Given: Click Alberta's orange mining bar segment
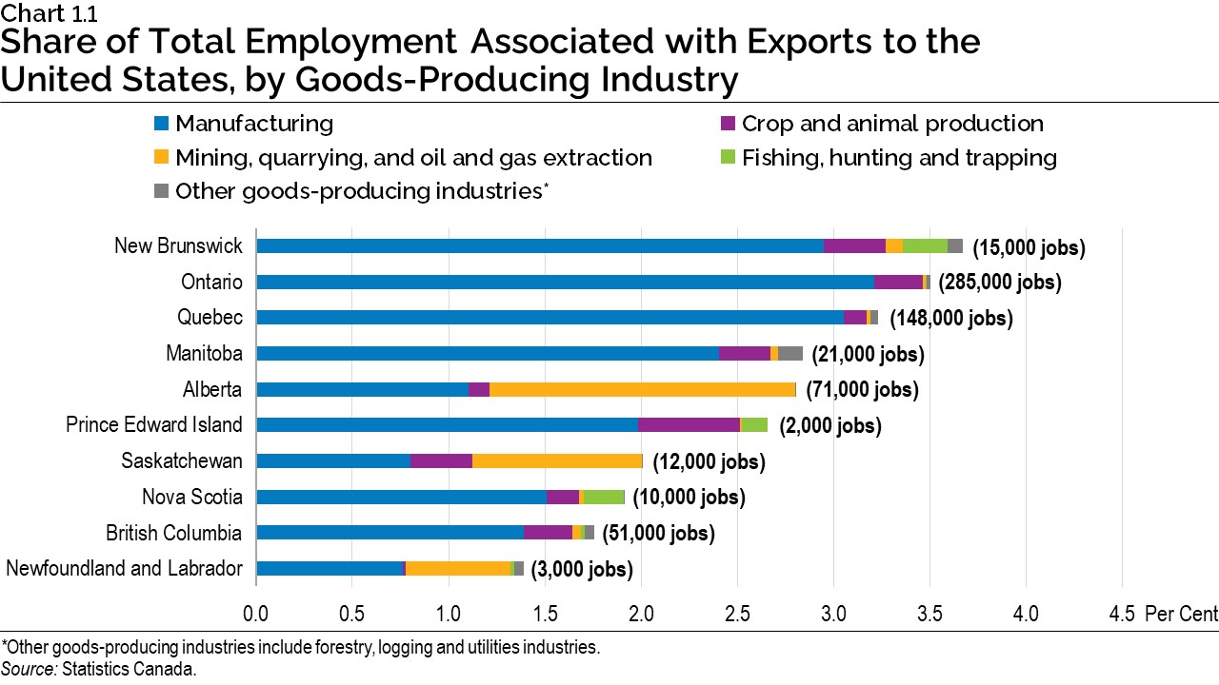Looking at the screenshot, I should [x=642, y=389].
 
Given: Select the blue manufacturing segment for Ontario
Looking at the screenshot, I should [x=565, y=282].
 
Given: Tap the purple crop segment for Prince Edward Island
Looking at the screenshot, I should [x=689, y=424].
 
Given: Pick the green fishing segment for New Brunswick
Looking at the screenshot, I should [x=925, y=245].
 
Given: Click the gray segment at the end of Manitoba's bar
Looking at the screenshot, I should [x=790, y=353].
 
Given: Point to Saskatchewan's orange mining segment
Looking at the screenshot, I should [x=557, y=460].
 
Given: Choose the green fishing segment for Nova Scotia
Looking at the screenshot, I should [x=604, y=497].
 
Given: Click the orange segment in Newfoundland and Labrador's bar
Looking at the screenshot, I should [x=458, y=569].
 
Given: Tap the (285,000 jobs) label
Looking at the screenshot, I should [x=999, y=283].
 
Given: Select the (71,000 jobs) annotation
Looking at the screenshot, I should [x=862, y=390].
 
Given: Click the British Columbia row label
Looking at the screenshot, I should [x=174, y=533].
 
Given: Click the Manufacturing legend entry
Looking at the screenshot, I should [x=253, y=124].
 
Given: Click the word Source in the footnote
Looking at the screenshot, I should [x=29, y=669].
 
